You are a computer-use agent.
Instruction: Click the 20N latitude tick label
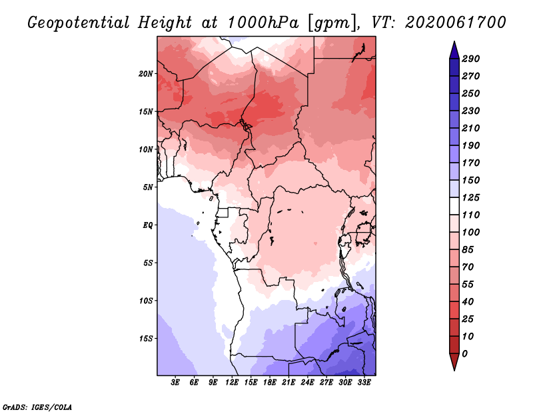coord(146,74)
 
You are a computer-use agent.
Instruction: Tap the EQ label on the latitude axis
coord(148,225)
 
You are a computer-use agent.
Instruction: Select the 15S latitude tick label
coord(146,339)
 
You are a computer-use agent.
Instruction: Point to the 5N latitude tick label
coord(148,187)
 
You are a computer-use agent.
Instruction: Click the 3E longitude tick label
coord(175,383)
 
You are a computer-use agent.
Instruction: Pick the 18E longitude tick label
coord(270,383)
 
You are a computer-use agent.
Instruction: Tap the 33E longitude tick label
coord(364,383)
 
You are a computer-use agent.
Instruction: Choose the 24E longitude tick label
coord(307,383)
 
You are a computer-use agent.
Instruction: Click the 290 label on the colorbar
coord(470,59)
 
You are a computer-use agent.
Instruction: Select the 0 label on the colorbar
coord(464,354)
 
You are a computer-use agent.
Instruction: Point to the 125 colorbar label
coord(470,197)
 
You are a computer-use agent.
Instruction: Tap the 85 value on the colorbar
coord(468,250)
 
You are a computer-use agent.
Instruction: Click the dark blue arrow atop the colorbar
coord(454,51)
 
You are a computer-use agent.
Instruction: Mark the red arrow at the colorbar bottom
coord(454,361)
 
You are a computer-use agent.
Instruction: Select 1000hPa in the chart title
coord(263,23)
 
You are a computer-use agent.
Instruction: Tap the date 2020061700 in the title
coord(456,23)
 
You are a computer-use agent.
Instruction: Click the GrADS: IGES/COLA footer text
coord(37,407)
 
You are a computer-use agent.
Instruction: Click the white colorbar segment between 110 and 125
coord(454,206)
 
